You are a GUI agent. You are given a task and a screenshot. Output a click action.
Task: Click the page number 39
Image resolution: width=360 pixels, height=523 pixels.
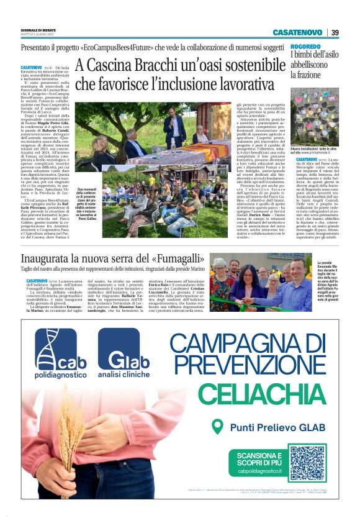click(335, 32)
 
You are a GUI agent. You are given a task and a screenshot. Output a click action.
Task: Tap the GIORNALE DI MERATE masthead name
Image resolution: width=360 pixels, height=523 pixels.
click(39, 30)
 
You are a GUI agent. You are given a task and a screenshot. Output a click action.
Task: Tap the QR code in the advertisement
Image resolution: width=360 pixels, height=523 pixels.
click(306, 462)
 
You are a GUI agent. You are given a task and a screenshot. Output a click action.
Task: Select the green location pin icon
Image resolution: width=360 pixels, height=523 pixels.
click(217, 427)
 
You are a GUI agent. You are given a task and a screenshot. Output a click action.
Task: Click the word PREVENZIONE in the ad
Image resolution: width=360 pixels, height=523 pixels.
click(255, 365)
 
